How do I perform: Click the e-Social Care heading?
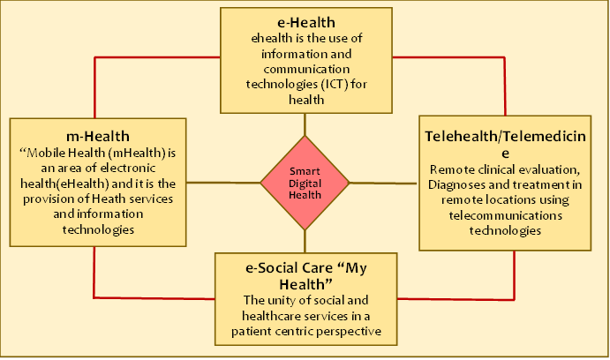coord(305,267)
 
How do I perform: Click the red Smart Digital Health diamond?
coord(305,184)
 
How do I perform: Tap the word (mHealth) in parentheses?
coord(132,152)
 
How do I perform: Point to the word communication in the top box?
coord(305,70)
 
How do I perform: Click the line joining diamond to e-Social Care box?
coord(305,241)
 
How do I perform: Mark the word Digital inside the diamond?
coord(305,184)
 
